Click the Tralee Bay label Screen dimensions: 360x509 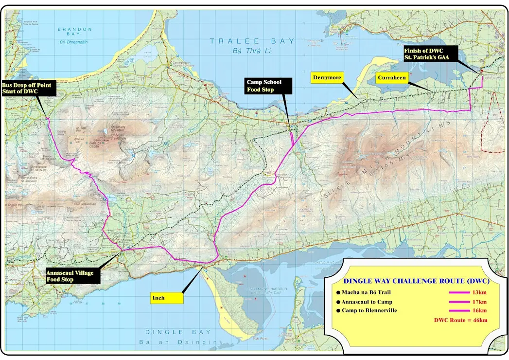[252, 41]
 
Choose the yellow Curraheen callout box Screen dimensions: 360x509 [391, 77]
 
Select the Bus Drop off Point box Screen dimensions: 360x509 [28, 89]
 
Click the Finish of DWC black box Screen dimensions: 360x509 [430, 54]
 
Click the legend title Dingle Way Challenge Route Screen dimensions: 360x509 [416, 281]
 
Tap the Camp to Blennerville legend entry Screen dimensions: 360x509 [373, 310]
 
